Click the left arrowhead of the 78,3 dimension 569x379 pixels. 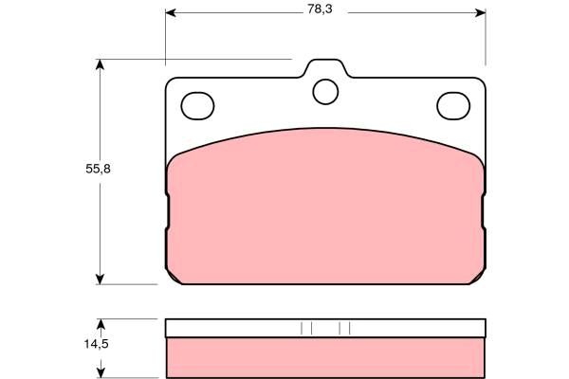click(172, 13)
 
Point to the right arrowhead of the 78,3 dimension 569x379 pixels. click(480, 13)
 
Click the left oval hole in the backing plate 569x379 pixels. click(197, 104)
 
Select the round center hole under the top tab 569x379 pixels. click(325, 91)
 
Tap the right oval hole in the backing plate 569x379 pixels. click(452, 104)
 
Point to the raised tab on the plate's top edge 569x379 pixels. click(325, 69)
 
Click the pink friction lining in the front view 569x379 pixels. click(325, 208)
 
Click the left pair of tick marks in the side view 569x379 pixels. click(305, 328)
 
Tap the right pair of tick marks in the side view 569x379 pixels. click(345, 328)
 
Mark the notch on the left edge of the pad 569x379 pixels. click(167, 213)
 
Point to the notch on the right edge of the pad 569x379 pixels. click(484, 213)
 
